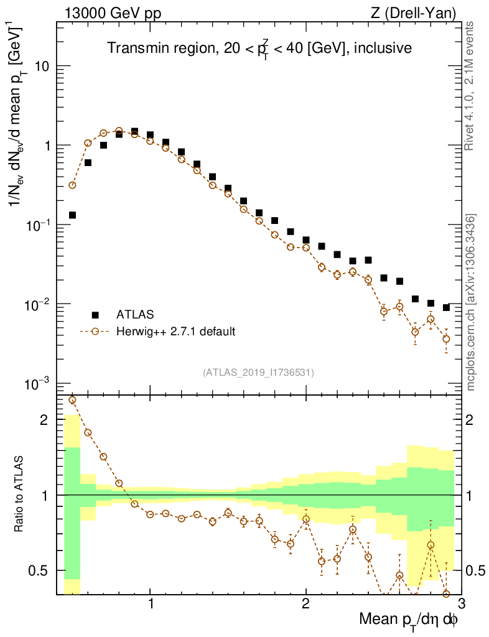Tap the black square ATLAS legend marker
coord(95,314)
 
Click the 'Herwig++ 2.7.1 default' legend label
coord(175,332)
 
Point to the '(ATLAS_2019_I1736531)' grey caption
coord(258,373)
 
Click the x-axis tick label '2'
coord(305,603)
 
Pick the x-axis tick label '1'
coord(150,603)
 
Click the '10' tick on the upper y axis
coord(42,67)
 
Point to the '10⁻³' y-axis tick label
coord(39,384)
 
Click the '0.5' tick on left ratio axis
coord(39,570)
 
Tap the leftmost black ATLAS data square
coord(72,215)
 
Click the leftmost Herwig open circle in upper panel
coord(72,185)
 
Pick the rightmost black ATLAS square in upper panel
coord(446,307)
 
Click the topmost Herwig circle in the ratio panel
coord(72,400)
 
